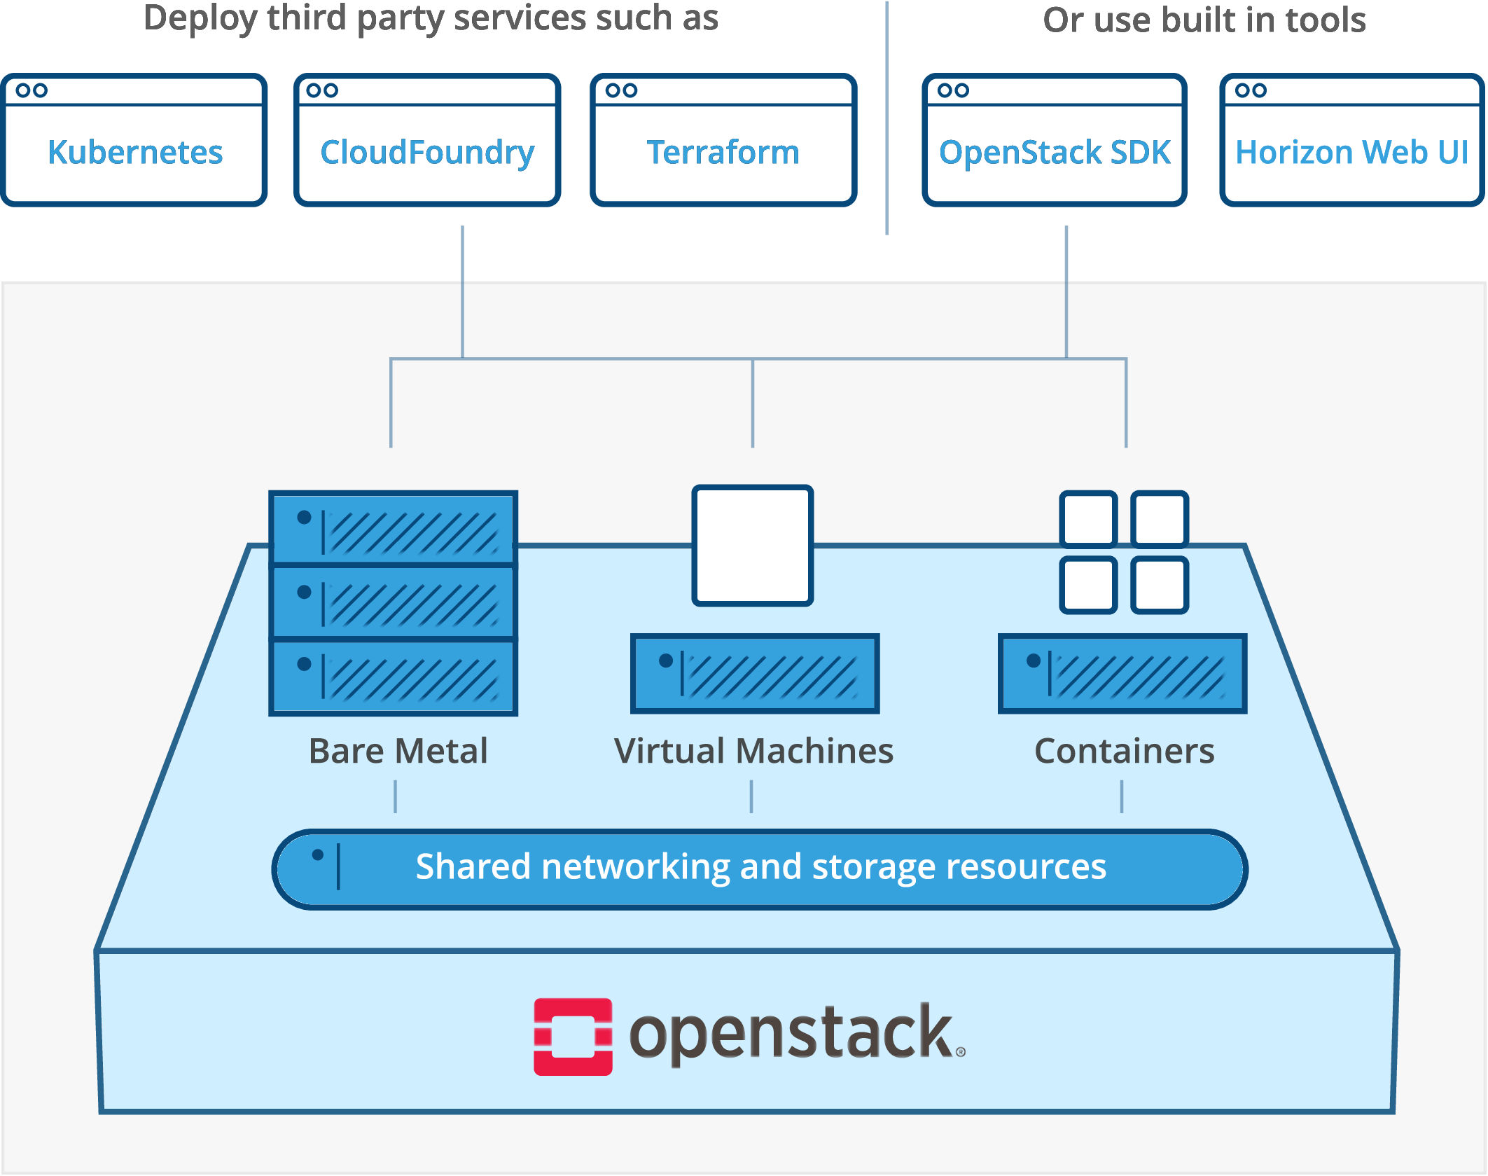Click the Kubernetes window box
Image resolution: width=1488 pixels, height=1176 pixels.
(x=134, y=140)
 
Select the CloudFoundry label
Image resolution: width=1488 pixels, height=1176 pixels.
(x=427, y=153)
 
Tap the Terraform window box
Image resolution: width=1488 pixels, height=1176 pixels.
(x=723, y=140)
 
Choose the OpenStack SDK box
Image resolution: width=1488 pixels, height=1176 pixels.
(x=1055, y=140)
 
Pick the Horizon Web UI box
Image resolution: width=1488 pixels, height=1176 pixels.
(x=1351, y=140)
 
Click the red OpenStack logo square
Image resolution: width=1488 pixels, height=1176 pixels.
(x=573, y=1037)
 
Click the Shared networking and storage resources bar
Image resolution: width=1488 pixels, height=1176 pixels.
(x=760, y=869)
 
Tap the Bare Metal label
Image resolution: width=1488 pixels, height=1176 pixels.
(x=398, y=751)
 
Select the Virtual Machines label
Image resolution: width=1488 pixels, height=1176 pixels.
(x=753, y=751)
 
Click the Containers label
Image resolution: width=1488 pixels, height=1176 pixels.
(x=1124, y=751)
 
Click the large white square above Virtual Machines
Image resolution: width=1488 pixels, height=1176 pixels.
(x=753, y=545)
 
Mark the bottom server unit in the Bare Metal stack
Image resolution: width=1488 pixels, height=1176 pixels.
(x=393, y=677)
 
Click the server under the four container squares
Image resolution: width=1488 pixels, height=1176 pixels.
(x=1122, y=674)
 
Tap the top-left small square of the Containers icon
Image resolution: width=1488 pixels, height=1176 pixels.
(x=1088, y=519)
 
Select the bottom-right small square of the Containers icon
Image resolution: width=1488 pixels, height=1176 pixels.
(x=1160, y=585)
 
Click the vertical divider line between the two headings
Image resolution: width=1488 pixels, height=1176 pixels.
(x=886, y=119)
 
